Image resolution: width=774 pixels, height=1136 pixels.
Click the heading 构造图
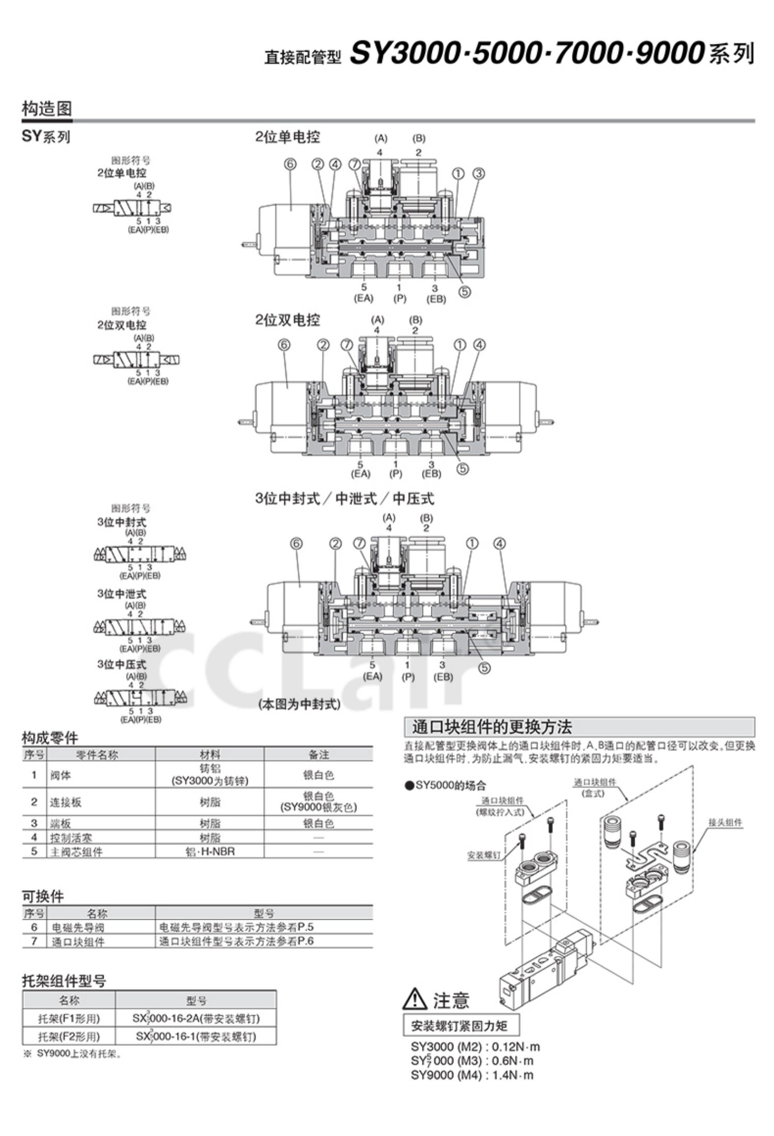click(x=47, y=109)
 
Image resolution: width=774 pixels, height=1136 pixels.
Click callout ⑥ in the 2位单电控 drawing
click(x=290, y=164)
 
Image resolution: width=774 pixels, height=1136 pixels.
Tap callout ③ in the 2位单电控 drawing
click(x=478, y=173)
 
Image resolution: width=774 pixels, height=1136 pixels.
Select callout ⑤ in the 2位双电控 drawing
click(x=463, y=469)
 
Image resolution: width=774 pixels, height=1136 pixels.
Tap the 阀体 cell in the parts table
click(x=60, y=775)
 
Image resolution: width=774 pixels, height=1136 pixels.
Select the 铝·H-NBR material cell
click(x=209, y=851)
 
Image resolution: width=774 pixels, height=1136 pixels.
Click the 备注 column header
click(x=318, y=755)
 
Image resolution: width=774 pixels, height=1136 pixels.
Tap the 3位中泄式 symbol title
click(x=122, y=594)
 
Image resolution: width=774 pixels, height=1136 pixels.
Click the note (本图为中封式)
click(x=299, y=705)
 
